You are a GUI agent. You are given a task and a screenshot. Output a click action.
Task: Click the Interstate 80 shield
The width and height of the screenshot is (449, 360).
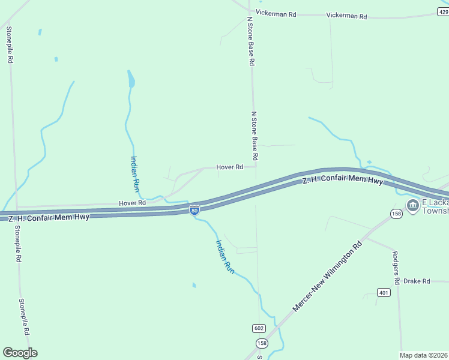194,210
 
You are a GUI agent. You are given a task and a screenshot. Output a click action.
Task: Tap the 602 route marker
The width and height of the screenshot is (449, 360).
259,328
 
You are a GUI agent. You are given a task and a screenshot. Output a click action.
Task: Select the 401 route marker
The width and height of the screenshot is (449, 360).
384,293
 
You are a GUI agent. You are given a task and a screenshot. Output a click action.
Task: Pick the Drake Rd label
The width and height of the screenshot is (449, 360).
417,281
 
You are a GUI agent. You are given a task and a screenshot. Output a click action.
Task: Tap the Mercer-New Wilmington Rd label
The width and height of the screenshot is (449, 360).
328,276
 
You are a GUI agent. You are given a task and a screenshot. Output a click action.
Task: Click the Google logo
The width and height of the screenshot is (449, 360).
20,353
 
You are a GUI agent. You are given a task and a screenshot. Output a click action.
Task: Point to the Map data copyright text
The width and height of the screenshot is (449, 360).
424,355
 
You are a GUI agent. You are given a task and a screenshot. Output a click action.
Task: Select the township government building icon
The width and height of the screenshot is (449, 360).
412,206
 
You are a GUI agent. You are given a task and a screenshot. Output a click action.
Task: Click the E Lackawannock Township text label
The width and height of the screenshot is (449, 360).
436,206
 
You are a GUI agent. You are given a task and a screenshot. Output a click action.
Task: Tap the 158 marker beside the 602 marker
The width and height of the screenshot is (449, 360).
262,343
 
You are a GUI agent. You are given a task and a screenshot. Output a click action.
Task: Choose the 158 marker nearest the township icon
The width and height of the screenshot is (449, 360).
396,214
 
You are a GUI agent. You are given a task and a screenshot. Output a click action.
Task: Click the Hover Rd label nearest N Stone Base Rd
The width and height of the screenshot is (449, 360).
229,167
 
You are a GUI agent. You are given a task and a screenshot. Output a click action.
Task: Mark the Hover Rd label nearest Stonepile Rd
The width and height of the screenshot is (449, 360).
132,203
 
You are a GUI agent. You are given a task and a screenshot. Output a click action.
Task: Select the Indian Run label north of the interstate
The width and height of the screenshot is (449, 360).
135,173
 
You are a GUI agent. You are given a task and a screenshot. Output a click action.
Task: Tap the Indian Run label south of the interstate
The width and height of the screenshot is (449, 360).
225,257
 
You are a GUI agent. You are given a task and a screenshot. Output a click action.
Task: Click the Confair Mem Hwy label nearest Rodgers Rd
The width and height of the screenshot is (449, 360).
342,180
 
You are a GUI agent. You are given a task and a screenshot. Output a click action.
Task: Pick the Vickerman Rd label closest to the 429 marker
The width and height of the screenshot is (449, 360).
346,16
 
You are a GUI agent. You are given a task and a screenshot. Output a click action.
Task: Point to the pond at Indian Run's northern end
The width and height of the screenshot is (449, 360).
131,79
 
